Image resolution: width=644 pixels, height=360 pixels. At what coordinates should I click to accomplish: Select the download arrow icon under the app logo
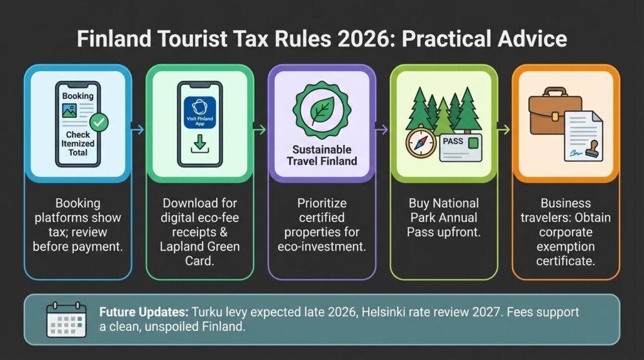pyautogui.click(x=199, y=144)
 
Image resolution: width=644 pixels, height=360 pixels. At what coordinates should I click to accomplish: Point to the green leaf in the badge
pyautogui.click(x=322, y=112)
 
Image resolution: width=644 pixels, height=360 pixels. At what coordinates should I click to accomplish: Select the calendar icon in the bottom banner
pyautogui.click(x=66, y=320)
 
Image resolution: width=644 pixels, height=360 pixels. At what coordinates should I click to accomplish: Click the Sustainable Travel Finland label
pyautogui.click(x=322, y=155)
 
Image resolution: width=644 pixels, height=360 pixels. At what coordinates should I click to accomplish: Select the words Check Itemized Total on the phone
pyautogui.click(x=78, y=143)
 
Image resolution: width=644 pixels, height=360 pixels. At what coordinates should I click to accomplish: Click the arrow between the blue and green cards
pyautogui.click(x=138, y=130)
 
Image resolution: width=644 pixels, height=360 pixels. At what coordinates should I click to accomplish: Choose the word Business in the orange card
pyautogui.click(x=566, y=203)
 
